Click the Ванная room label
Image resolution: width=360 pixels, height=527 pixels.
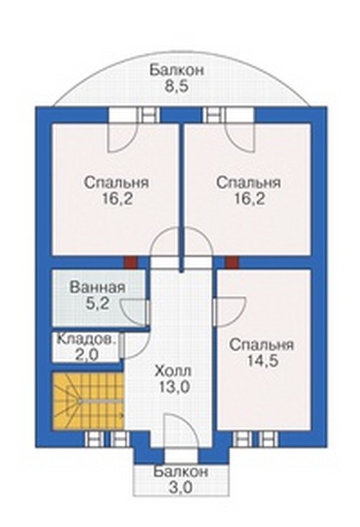point(97,288)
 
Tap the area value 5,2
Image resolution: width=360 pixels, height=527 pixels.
point(99,304)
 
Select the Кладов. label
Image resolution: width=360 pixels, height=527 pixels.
point(86,340)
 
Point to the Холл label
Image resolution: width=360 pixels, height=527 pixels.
point(174,371)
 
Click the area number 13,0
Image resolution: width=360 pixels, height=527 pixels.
point(175,387)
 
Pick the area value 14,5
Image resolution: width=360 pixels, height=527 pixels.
point(262,361)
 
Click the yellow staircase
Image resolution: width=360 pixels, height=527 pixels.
point(88,400)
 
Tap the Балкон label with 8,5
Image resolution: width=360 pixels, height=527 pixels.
point(177,71)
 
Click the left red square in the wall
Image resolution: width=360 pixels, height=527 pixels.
point(131,263)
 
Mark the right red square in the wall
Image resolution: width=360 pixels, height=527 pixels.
point(232,263)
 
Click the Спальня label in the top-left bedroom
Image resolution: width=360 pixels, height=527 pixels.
point(117,183)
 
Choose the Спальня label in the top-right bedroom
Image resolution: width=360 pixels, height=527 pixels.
point(248,183)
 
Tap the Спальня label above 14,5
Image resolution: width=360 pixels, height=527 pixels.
point(262,345)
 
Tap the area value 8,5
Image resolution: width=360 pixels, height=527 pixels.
point(177,86)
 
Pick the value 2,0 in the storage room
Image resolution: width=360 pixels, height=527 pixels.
point(86,355)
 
